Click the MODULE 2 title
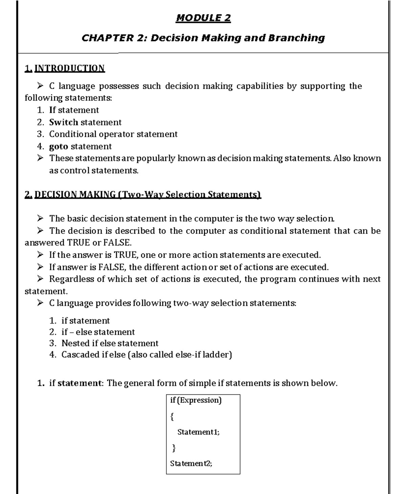(x=203, y=18)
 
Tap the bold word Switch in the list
(x=64, y=122)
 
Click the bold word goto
(x=59, y=147)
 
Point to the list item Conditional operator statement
(x=113, y=134)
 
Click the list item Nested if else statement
(x=110, y=344)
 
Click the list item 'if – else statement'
(x=98, y=332)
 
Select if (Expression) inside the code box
(x=196, y=400)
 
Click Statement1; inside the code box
(x=198, y=432)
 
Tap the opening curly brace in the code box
(x=172, y=417)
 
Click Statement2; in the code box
(x=191, y=464)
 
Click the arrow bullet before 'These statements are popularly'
(x=40, y=158)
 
